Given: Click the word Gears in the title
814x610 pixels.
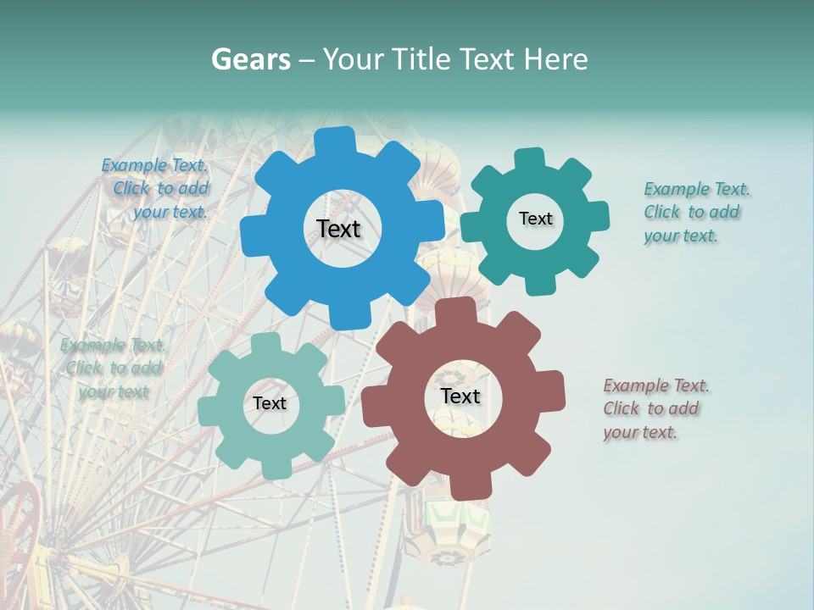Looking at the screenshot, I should (x=251, y=59).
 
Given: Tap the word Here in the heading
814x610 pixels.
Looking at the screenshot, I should (x=556, y=59).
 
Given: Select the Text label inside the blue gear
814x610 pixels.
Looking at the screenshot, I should (x=338, y=229).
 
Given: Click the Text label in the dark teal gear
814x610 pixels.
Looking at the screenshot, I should (x=535, y=219).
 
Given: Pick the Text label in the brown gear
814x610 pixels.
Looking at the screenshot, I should (x=460, y=396).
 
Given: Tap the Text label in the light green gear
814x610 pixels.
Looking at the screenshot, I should (x=270, y=403).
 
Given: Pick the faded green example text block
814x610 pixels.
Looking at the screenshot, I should (x=112, y=368).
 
